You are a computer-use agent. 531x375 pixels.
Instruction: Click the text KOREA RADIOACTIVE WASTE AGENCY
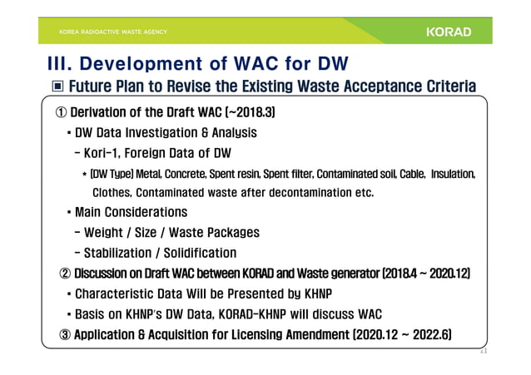(112, 32)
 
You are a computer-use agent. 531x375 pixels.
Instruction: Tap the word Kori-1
(107, 153)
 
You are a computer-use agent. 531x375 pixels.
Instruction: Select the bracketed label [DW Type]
(114, 174)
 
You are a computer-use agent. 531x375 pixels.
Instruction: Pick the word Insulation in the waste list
(453, 174)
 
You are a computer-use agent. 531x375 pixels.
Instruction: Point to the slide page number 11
(481, 352)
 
